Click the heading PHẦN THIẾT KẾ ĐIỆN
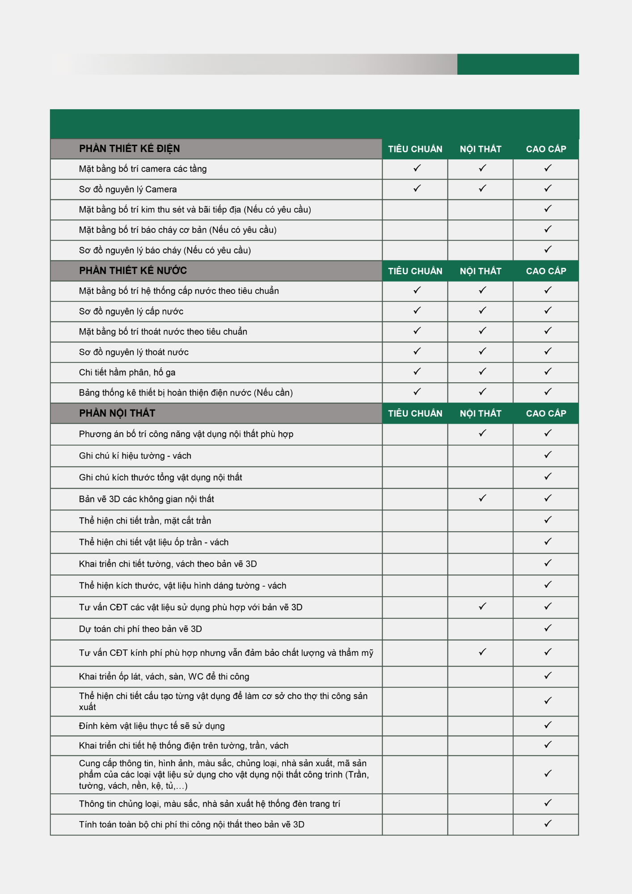pos(129,149)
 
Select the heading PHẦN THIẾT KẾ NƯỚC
pos(133,271)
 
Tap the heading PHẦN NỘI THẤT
pos(117,413)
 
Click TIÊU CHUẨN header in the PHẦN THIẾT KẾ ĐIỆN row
pos(415,149)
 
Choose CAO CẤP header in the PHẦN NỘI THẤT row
pos(546,413)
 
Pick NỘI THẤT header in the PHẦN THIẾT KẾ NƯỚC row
pos(480,271)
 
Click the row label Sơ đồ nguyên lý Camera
pos(128,190)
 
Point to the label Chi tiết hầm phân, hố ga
pos(127,372)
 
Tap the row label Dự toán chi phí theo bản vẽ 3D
pos(140,629)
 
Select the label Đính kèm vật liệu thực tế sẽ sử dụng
pos(152,726)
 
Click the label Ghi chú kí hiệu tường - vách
pos(135,456)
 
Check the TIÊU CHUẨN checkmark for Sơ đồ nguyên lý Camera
pos(417,189)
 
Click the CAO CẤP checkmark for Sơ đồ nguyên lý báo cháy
pos(548,249)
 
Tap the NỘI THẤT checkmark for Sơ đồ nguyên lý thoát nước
pos(482,351)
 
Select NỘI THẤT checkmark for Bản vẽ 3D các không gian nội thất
pos(482,498)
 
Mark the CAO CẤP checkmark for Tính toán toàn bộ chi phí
pos(548,823)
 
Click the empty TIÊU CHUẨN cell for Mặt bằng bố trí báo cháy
pos(415,230)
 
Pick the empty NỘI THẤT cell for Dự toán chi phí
pos(480,629)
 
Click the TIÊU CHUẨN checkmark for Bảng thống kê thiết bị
pos(417,392)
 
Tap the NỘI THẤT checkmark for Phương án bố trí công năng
pos(482,433)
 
